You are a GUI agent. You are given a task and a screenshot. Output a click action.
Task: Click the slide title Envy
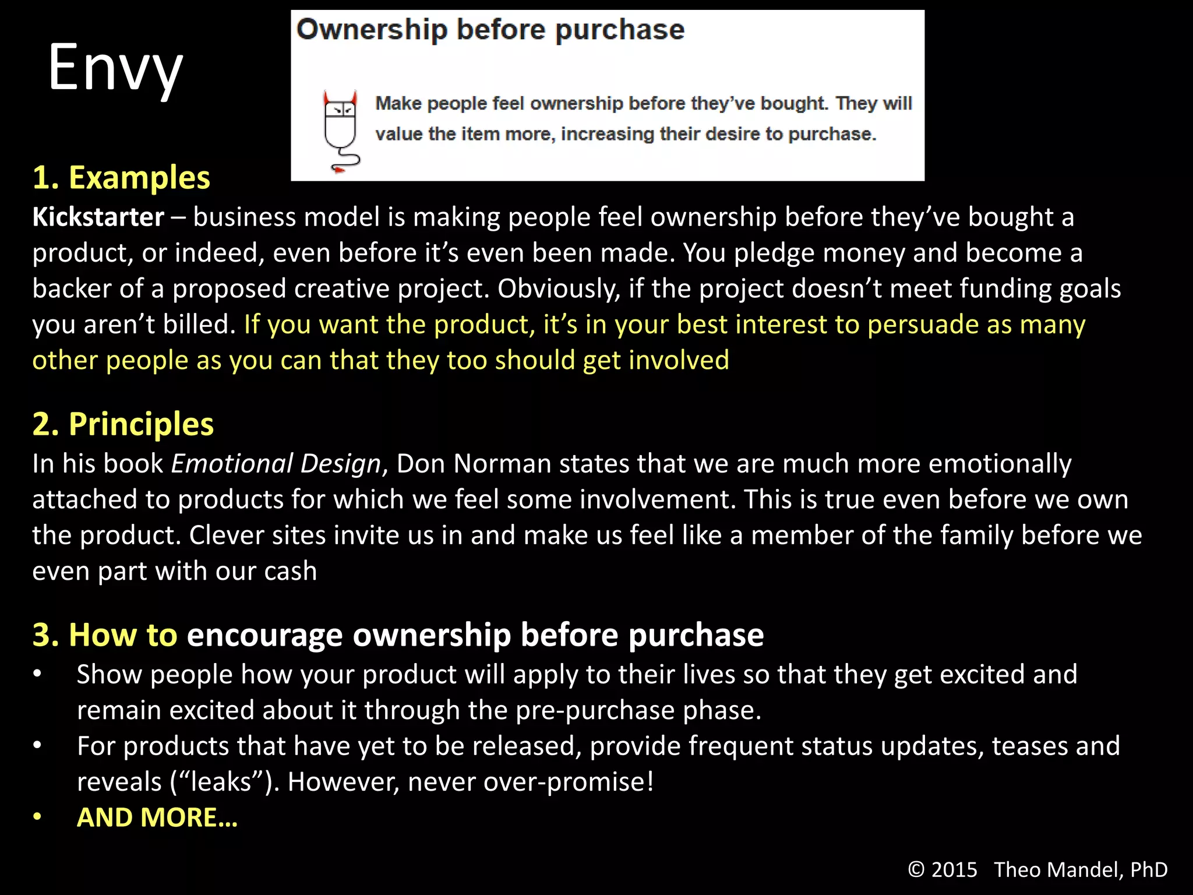tap(115, 68)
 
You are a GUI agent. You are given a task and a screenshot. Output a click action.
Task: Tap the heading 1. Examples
tap(121, 177)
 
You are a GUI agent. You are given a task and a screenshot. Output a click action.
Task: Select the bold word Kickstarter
tap(98, 217)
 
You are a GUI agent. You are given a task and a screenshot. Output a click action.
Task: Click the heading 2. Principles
tap(123, 424)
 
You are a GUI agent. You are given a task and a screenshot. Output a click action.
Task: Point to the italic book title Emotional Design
tap(276, 464)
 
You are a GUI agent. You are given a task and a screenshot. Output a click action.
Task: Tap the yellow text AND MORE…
tap(157, 817)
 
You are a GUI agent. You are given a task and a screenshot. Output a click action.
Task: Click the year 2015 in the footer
tap(954, 869)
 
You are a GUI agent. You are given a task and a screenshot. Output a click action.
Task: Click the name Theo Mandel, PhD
tap(1081, 869)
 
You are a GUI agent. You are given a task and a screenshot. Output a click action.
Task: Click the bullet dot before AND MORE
tap(37, 817)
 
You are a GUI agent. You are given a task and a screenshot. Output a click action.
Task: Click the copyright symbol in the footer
tap(916, 869)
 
